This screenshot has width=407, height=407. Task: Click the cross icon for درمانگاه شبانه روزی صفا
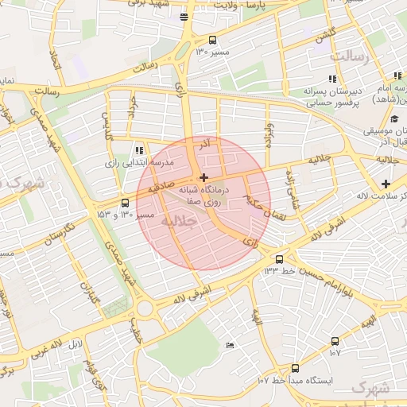[203, 177]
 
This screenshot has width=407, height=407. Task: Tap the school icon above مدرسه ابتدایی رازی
[139, 149]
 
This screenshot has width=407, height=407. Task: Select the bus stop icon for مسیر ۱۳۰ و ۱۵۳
[125, 203]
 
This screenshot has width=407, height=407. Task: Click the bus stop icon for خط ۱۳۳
[278, 259]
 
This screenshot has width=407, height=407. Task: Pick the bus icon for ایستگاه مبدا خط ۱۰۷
[295, 368]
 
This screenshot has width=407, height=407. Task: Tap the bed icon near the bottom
[230, 345]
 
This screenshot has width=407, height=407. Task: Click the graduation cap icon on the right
[394, 118]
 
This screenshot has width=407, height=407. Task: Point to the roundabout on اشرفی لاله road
[144, 308]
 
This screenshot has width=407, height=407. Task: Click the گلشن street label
[324, 37]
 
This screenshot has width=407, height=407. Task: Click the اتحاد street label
[54, 60]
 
